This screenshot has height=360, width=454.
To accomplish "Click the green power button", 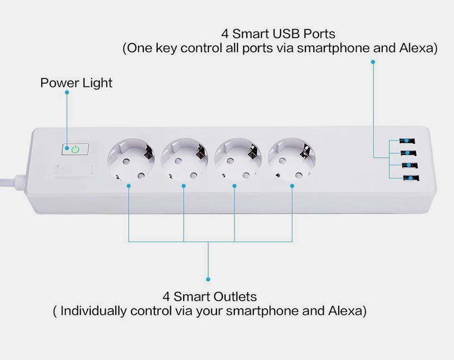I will tap(75, 149).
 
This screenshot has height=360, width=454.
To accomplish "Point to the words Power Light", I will tap(76, 83).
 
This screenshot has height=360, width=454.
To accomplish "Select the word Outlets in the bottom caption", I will tap(235, 297).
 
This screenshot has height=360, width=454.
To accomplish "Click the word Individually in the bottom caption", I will tap(94, 311).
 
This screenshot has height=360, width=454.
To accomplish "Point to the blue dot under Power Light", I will tap(67, 92).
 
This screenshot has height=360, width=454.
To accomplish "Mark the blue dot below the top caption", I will tap(373, 62).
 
